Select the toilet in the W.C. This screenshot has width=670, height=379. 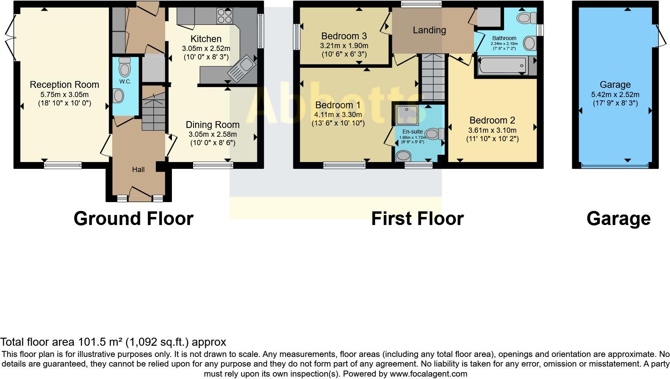tap(125, 67)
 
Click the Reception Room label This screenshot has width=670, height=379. tap(64, 85)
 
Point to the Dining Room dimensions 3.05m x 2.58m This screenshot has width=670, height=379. tap(212, 134)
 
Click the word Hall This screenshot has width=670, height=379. tap(138, 170)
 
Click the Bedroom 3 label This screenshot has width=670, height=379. tap(344, 36)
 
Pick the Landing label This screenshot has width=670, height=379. tap(429, 30)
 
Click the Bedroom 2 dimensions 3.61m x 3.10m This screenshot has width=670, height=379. tap(492, 130)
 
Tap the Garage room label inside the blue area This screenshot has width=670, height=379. tap(615, 85)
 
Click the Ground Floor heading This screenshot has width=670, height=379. tap(133, 219)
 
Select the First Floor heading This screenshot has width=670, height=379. tap(417, 219)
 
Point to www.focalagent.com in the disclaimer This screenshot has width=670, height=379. tap(428, 374)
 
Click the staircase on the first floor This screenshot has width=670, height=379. tap(433, 78)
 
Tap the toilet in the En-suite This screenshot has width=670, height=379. tap(434, 134)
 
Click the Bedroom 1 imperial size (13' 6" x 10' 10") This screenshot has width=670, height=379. tap(338, 123)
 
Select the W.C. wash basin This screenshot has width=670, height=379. tap(119, 96)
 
